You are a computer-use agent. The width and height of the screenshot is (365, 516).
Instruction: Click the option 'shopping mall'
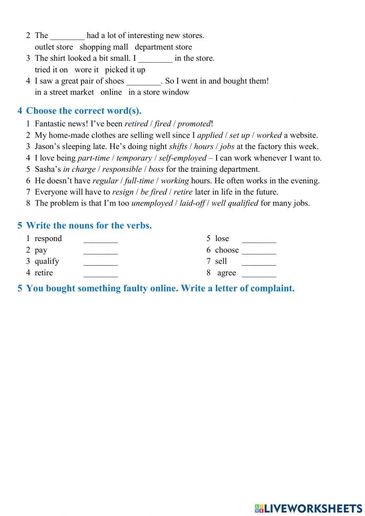coord(104,47)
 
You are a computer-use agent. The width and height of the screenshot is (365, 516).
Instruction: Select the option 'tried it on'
coord(51,70)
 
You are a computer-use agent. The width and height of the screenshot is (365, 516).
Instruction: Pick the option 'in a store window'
coord(159,92)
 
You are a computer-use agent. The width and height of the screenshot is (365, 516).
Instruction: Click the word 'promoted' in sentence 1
coord(194,124)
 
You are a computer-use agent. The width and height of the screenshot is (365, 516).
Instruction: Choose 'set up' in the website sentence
coord(239,135)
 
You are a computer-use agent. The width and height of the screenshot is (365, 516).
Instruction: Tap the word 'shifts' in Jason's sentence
coord(178,147)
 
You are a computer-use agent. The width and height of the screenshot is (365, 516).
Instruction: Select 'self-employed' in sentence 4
coord(182,158)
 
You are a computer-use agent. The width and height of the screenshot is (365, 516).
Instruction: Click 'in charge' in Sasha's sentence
coord(79,169)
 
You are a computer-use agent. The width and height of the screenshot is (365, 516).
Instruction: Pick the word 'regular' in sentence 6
coord(105,181)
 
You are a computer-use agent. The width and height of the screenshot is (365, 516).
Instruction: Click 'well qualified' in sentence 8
coord(235,203)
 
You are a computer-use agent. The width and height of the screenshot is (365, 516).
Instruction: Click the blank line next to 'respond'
coord(101,240)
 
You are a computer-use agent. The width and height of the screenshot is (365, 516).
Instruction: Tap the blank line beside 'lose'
coord(259,240)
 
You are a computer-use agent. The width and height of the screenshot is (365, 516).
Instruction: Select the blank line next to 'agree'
coord(259,274)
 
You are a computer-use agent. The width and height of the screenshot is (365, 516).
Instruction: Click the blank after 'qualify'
coord(101,263)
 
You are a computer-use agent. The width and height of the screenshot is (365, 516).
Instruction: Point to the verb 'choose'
coord(227,250)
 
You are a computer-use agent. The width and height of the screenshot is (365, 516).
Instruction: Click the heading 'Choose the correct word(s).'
coord(84,111)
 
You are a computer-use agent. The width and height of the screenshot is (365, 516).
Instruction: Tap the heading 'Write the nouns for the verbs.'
coord(89,226)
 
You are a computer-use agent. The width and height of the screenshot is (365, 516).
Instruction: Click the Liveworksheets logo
coord(308,508)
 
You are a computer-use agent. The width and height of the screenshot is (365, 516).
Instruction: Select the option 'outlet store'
coord(54,47)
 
